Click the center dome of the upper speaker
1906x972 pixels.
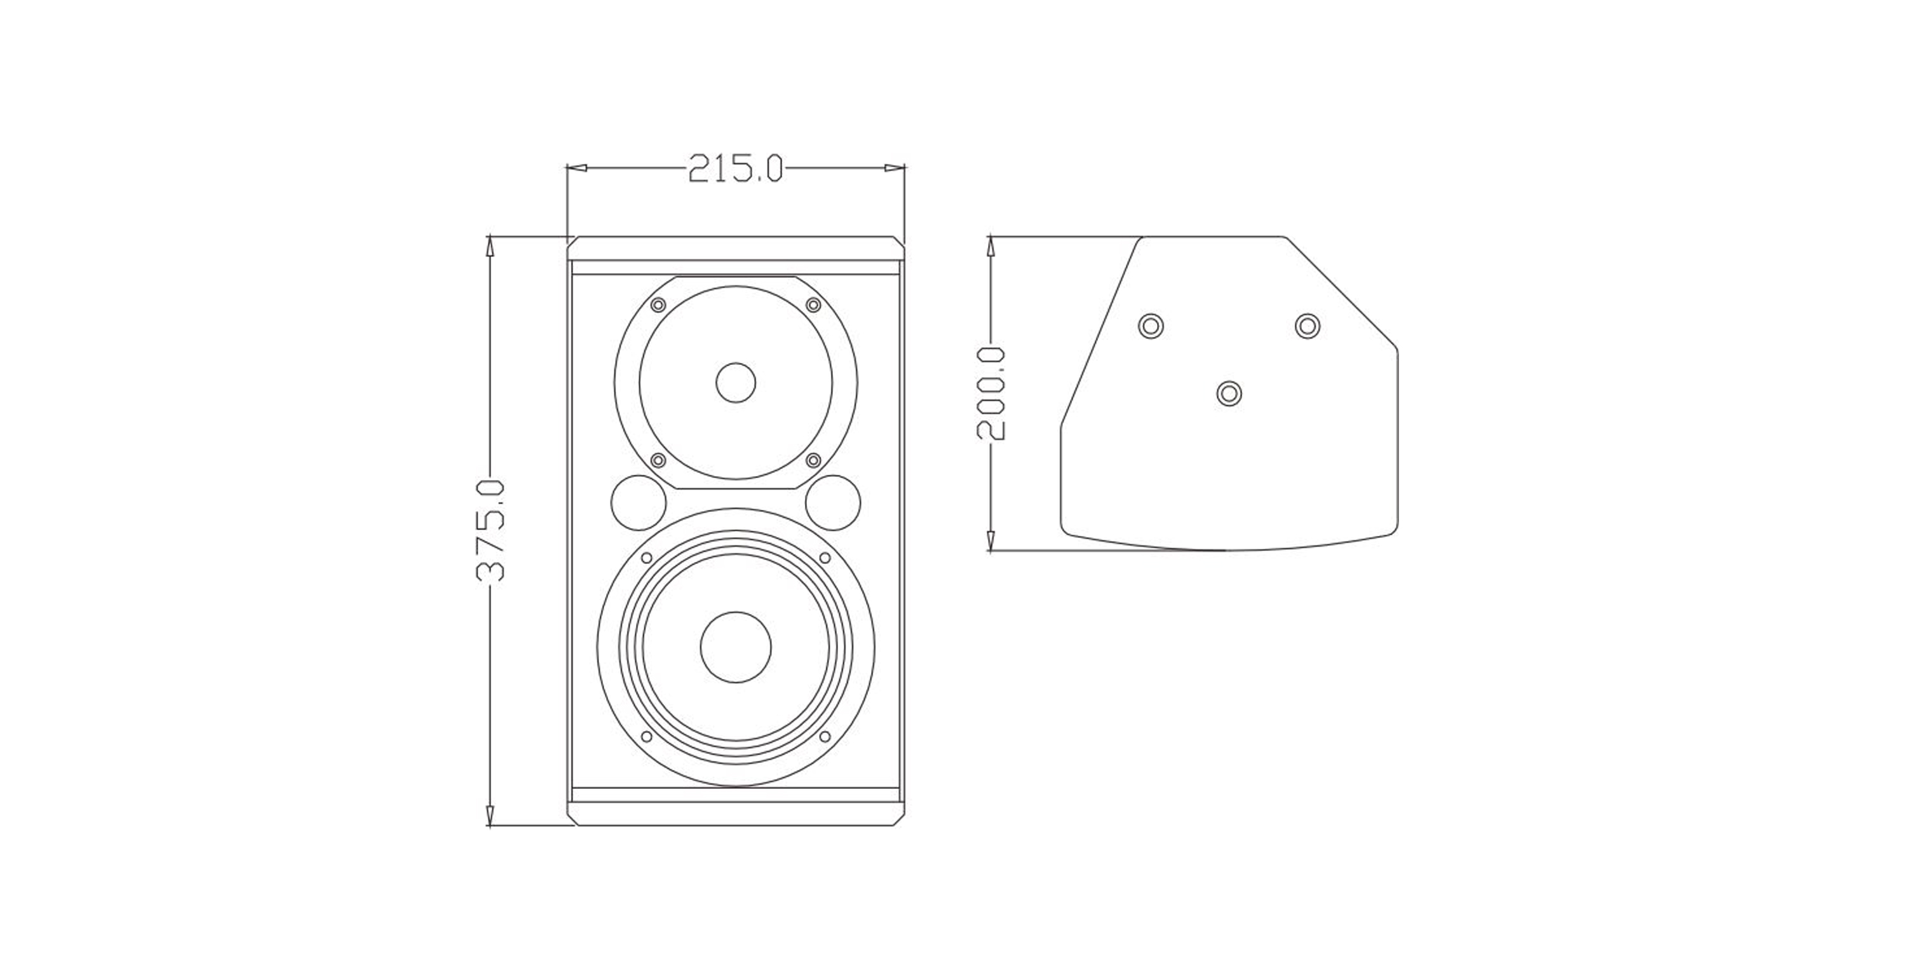tap(736, 383)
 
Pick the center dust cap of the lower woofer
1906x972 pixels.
tap(736, 647)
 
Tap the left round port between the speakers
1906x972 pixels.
tap(639, 503)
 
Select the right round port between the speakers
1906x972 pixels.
tap(833, 503)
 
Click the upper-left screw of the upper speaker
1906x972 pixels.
tap(658, 305)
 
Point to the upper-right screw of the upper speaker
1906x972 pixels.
tap(813, 305)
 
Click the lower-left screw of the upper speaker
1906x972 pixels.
tap(658, 460)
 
